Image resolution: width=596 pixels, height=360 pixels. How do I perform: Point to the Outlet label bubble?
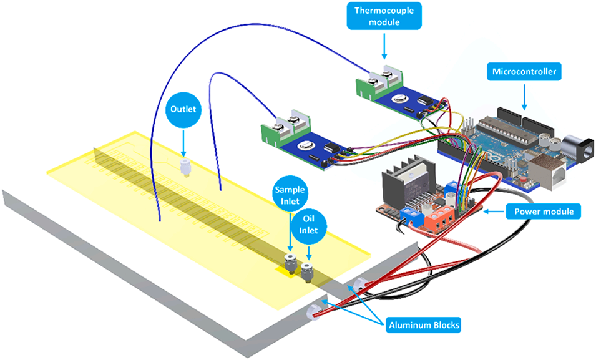tap(183, 109)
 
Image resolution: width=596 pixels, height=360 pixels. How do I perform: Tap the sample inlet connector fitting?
tap(289, 263)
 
